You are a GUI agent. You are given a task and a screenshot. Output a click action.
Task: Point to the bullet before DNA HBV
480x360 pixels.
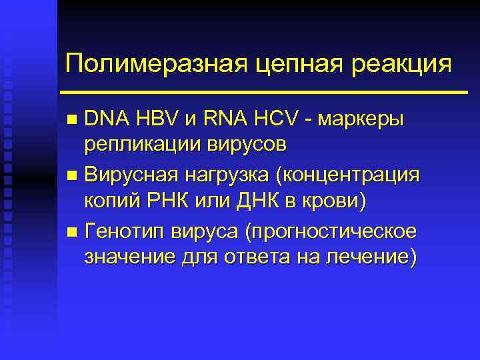[x=72, y=121]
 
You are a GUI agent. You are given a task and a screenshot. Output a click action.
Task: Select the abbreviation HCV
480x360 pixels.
[x=271, y=119]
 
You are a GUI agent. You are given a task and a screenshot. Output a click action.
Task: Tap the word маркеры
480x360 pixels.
[x=361, y=120]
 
